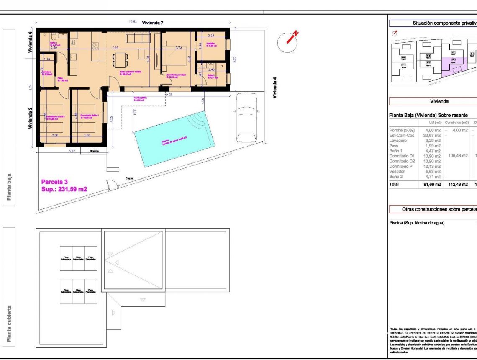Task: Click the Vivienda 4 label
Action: tap(275, 87)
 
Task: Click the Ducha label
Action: tap(130, 178)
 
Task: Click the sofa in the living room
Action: tap(140, 38)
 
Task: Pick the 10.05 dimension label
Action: tap(168, 95)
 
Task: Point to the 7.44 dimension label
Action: tap(115, 48)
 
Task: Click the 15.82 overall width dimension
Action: tap(133, 21)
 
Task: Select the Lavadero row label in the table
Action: tap(398, 141)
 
